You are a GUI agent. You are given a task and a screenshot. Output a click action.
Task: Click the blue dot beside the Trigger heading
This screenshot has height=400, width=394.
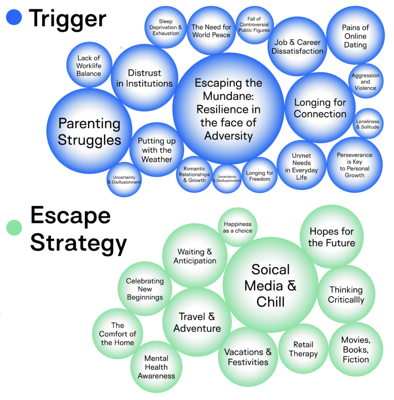(14, 18)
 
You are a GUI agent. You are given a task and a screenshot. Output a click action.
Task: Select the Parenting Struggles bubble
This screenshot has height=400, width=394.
(89, 131)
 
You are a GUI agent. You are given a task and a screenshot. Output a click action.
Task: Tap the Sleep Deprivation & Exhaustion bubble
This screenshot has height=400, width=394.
(166, 27)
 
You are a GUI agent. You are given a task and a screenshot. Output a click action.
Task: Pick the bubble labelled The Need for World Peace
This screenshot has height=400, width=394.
(211, 31)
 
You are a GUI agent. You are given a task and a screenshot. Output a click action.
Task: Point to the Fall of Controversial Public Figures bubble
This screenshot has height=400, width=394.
(254, 25)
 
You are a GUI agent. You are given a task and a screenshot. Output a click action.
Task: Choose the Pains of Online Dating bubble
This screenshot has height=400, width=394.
(355, 36)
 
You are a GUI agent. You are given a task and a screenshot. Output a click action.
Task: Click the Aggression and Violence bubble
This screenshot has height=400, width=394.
(366, 81)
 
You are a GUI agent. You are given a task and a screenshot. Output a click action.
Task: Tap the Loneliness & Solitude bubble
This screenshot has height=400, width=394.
(367, 124)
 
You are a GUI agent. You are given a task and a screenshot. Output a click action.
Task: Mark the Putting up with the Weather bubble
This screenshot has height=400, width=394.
(157, 150)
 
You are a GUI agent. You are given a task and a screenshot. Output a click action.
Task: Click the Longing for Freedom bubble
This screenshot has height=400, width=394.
(260, 176)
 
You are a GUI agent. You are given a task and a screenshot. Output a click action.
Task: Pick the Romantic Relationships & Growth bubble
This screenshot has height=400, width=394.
(194, 174)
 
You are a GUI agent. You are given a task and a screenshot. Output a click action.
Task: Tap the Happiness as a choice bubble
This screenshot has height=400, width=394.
(238, 227)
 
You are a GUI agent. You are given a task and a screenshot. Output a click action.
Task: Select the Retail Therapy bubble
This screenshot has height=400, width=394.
(303, 349)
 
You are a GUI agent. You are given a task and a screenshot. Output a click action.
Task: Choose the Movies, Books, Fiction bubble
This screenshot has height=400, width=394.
(356, 350)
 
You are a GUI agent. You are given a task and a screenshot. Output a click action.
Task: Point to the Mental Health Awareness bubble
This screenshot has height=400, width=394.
(156, 367)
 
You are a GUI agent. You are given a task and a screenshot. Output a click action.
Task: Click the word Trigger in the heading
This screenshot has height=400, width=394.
(67, 18)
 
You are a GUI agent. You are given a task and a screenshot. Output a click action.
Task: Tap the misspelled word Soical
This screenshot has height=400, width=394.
(270, 270)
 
